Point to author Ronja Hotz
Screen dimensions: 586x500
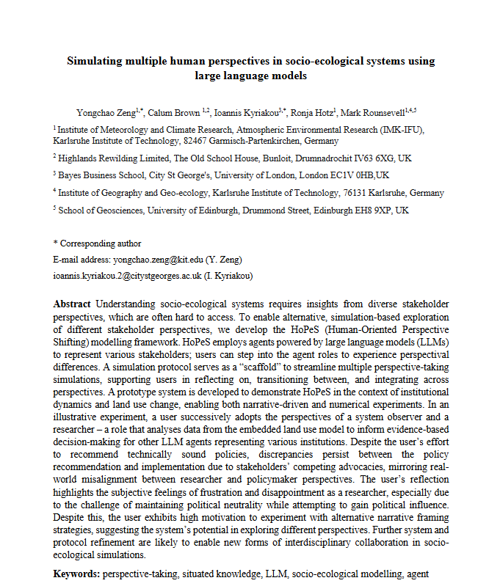pos(312,113)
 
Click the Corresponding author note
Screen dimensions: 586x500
pos(97,243)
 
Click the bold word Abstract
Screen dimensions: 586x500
pos(73,304)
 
